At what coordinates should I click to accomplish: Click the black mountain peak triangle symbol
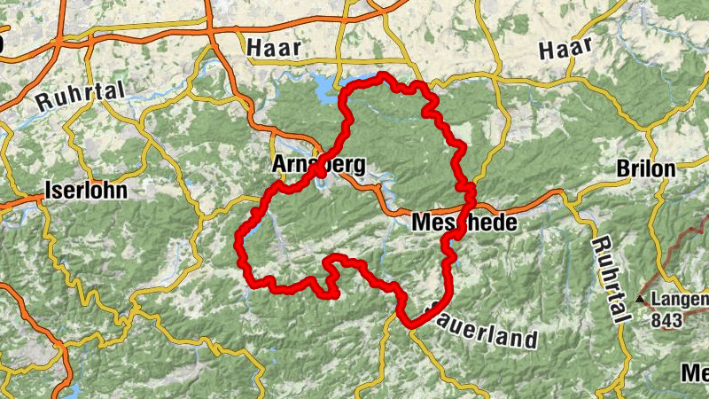coord(641,299)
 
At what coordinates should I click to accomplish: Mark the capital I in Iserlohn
coord(50,191)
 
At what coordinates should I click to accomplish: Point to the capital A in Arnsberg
coord(282,166)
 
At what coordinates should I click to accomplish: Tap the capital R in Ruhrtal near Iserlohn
coord(43,102)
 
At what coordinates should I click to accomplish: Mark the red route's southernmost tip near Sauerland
coord(410,325)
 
